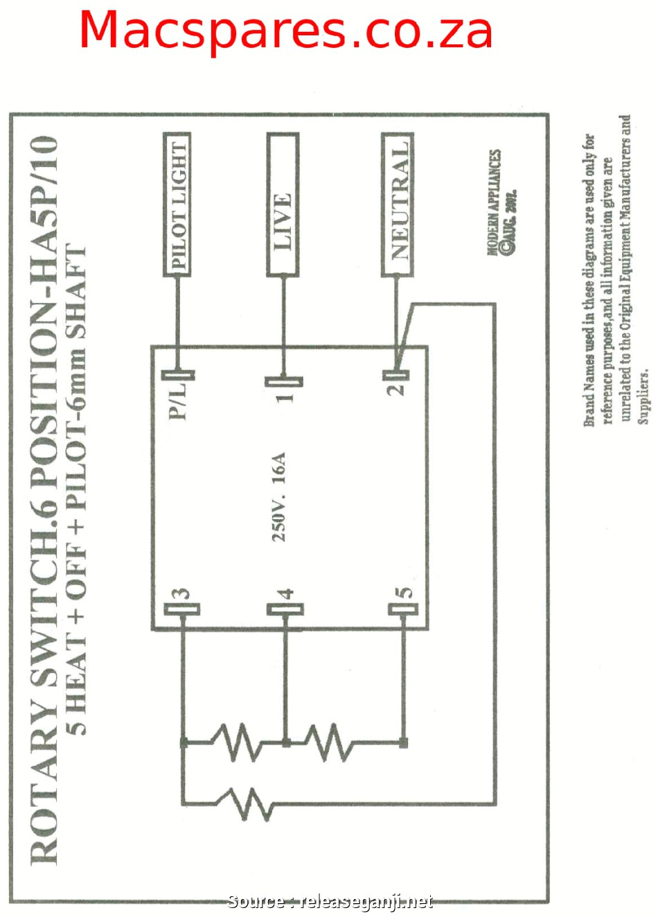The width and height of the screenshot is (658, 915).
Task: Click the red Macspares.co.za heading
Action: point(285,31)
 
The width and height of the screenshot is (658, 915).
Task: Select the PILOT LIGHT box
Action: point(177,205)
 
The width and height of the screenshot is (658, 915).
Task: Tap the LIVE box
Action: point(283,205)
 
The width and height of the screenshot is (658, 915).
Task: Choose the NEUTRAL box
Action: point(398,205)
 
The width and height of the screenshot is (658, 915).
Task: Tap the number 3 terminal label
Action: point(181,594)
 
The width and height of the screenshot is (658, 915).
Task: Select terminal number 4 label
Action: point(286,594)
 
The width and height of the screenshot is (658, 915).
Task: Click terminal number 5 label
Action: point(404,593)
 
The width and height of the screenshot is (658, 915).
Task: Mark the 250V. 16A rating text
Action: point(278,496)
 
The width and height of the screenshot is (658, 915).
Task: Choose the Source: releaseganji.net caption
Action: point(330,902)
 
